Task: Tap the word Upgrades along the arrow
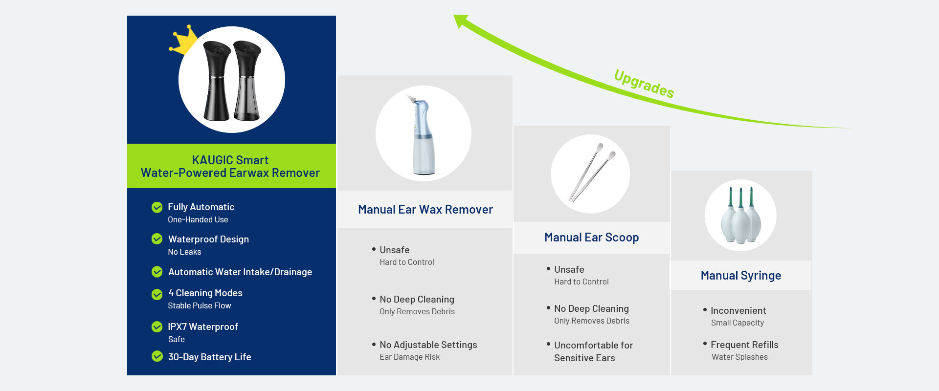pos(644,84)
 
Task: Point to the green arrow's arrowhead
pos(461,21)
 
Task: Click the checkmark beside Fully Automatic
pos(157,207)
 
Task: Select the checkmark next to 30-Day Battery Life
pos(157,356)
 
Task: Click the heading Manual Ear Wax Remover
pos(425,210)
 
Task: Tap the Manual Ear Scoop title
pos(592,238)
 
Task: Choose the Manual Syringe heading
pos(741,276)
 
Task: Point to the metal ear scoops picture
pos(591,172)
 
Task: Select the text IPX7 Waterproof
pos(203,326)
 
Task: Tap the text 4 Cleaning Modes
pos(205,293)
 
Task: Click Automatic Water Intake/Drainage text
pos(240,272)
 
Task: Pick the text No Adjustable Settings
pos(428,345)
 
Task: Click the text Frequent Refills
pos(744,345)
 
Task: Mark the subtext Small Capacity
pos(738,323)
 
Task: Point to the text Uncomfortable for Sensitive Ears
pos(594,351)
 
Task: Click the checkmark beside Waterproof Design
pos(157,239)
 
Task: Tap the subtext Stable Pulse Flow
pos(200,305)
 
